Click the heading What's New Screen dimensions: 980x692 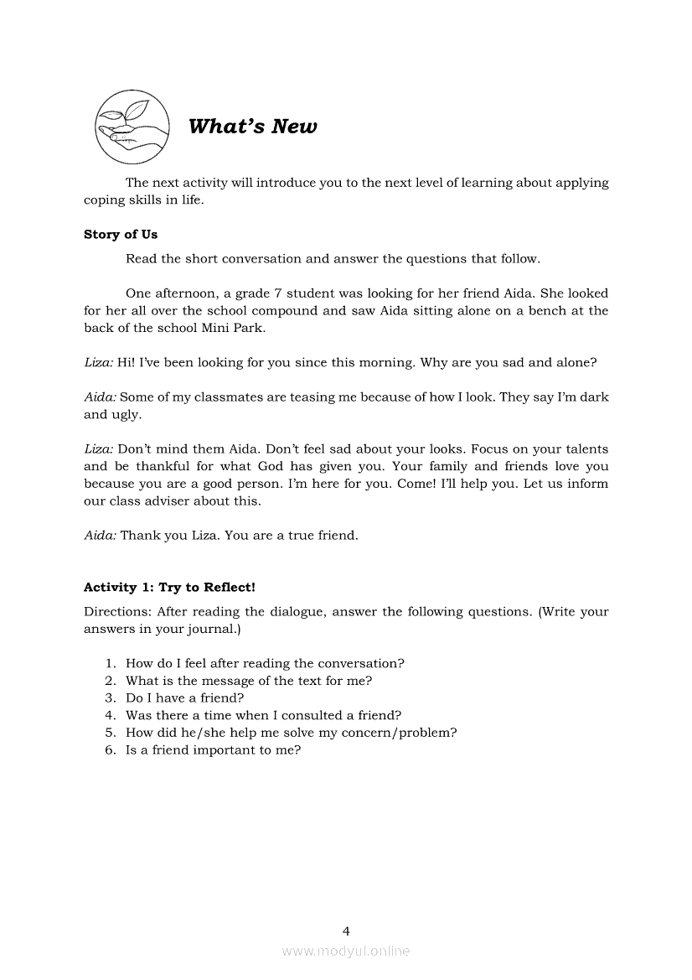(x=252, y=127)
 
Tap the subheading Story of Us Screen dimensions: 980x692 (x=121, y=235)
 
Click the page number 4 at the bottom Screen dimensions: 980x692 (x=346, y=931)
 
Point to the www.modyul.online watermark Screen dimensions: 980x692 (x=346, y=951)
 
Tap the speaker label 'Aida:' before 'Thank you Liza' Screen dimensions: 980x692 (x=100, y=535)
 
